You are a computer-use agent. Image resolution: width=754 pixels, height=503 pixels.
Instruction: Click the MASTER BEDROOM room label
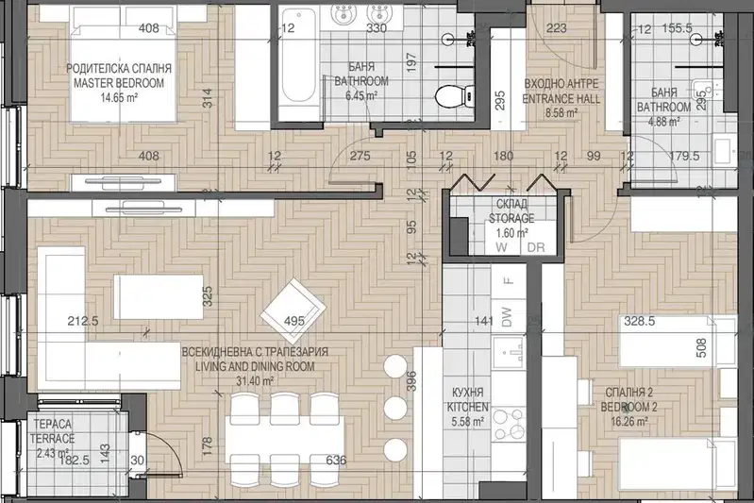119,83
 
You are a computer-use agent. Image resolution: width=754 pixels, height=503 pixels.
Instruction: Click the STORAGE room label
511,218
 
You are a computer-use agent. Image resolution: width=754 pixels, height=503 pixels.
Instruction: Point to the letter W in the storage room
501,247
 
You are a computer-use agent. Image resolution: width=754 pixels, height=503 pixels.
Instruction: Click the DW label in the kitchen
507,317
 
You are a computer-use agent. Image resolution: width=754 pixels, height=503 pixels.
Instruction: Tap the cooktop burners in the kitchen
509,424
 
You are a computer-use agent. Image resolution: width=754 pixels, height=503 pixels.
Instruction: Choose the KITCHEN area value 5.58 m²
467,422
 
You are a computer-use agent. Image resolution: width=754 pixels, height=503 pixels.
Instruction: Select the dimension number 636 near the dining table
336,461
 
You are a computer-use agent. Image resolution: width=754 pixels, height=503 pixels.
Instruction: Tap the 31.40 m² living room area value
255,381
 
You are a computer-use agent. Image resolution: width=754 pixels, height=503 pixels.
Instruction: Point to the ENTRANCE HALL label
561,99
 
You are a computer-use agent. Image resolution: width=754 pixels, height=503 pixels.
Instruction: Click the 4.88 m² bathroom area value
663,121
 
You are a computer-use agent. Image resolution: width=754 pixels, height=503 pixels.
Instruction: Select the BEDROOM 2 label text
629,408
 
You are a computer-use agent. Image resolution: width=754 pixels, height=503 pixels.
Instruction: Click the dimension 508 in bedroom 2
701,347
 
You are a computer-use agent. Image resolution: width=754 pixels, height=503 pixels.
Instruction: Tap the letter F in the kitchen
508,280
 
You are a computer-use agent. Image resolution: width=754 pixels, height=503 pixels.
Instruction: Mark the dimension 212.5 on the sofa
83,320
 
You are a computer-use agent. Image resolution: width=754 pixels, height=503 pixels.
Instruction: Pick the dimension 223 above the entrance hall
557,28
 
